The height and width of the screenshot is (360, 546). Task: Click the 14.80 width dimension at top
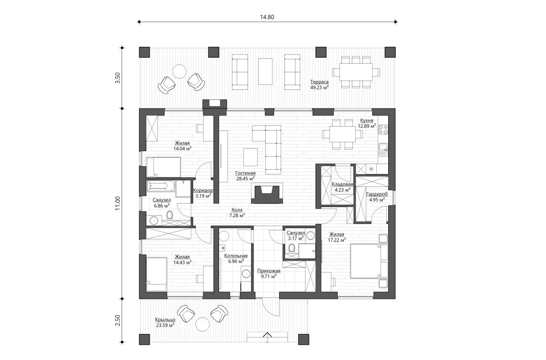click(267, 17)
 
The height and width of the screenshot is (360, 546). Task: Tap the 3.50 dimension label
click(117, 78)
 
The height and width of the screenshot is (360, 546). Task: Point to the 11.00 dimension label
click(117, 203)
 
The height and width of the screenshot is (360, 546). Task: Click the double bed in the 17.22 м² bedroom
click(368, 261)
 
